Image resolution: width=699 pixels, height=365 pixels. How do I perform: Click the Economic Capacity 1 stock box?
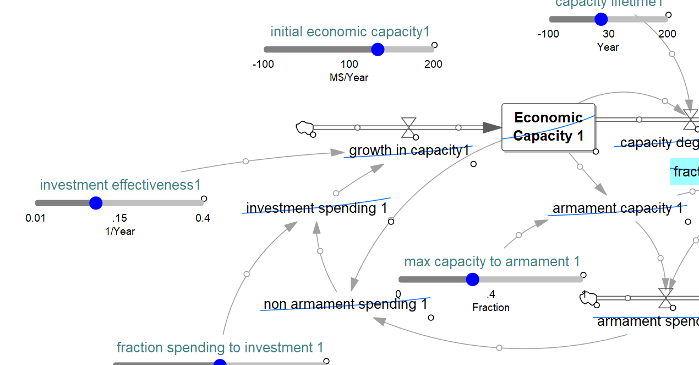(548, 127)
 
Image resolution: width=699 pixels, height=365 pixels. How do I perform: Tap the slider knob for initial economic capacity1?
(378, 50)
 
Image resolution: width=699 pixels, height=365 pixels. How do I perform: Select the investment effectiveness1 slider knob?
(96, 203)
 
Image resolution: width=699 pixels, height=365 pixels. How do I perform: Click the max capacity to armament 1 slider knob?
(472, 280)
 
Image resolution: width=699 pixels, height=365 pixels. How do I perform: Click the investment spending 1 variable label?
(316, 208)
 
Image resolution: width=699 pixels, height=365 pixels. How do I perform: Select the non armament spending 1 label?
(345, 304)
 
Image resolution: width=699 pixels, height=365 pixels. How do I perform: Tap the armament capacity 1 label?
(618, 208)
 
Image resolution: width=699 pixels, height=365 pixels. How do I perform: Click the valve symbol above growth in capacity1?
(408, 127)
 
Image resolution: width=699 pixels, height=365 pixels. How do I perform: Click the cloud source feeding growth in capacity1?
(304, 128)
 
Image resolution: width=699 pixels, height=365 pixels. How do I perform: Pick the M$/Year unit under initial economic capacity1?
(349, 78)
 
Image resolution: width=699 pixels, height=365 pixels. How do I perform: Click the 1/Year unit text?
(120, 232)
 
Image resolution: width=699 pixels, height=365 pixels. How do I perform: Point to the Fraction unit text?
(491, 308)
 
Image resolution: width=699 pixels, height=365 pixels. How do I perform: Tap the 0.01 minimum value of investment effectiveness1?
(36, 218)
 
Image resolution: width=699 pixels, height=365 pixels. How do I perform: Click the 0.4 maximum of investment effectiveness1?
(203, 218)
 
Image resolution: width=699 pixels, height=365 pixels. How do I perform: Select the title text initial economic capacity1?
(350, 32)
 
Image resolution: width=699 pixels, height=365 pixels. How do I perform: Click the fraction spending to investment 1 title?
(220, 348)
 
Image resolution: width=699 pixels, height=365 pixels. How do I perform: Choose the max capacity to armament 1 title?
(492, 262)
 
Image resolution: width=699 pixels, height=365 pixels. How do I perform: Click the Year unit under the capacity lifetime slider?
(608, 47)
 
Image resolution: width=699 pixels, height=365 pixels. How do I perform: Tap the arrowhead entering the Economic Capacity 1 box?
(492, 127)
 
